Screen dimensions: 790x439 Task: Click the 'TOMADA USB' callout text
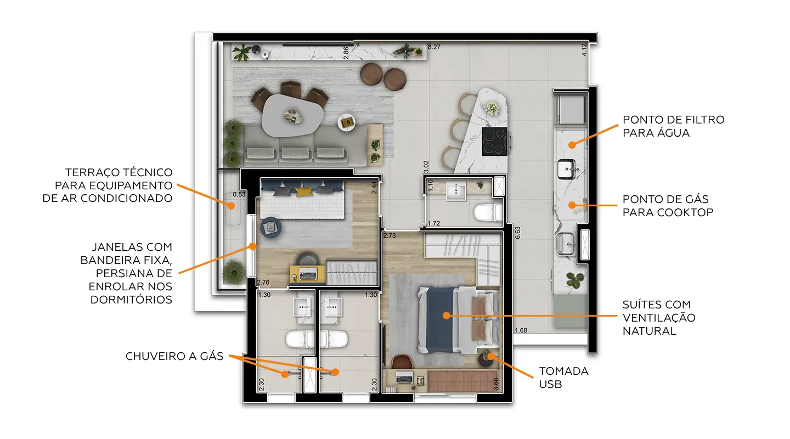pyautogui.click(x=563, y=378)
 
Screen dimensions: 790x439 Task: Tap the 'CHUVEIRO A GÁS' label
pyautogui.click(x=174, y=356)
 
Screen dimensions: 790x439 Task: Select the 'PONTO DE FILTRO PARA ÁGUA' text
pyautogui.click(x=673, y=126)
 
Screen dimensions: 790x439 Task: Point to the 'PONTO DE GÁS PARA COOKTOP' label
pyautogui.click(x=668, y=206)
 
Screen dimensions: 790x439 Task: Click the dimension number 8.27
pyautogui.click(x=434, y=47)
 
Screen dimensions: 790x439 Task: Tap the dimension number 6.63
pyautogui.click(x=517, y=233)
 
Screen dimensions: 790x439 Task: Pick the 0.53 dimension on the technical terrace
pyautogui.click(x=239, y=194)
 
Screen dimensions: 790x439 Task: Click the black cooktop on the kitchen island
pyautogui.click(x=495, y=141)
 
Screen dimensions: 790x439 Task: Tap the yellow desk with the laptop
pyautogui.click(x=308, y=274)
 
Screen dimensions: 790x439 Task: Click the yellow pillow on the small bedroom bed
pyautogui.click(x=304, y=191)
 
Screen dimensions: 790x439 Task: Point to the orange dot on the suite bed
pyautogui.click(x=447, y=316)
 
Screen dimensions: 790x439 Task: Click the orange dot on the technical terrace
pyautogui.click(x=230, y=206)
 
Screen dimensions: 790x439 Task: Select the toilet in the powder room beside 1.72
pyautogui.click(x=488, y=212)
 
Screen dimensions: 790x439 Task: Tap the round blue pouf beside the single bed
pyautogui.click(x=271, y=227)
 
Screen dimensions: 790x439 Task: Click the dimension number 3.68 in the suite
pyautogui.click(x=496, y=384)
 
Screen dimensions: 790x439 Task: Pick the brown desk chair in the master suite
pyautogui.click(x=402, y=362)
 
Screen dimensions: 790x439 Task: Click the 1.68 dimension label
pyautogui.click(x=521, y=330)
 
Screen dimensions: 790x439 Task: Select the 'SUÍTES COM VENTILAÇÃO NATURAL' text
pyautogui.click(x=659, y=318)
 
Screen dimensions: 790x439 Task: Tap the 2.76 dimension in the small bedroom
pyautogui.click(x=263, y=282)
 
